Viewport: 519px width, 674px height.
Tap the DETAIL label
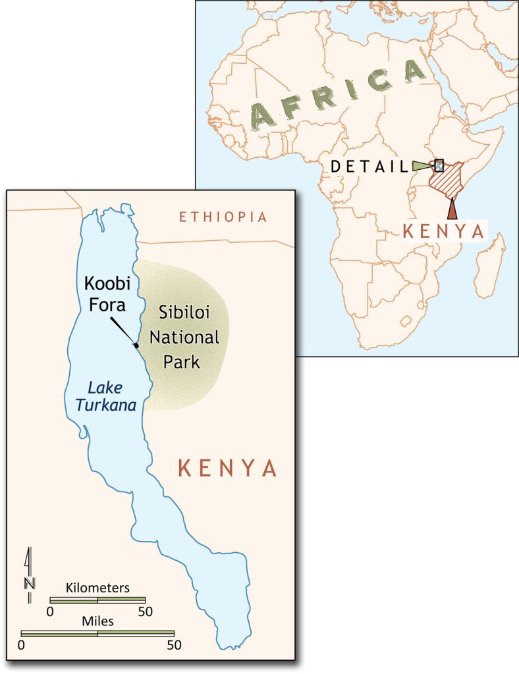click(x=369, y=167)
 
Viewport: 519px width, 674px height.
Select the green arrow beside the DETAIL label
click(x=422, y=166)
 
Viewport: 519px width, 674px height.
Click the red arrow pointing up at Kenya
click(x=452, y=209)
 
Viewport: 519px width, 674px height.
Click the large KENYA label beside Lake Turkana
click(x=227, y=468)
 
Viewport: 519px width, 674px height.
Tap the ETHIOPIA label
click(x=223, y=217)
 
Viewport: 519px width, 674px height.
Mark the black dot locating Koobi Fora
click(x=136, y=346)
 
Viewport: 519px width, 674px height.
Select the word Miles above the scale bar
click(x=97, y=621)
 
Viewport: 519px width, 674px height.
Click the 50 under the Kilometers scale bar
click(x=145, y=611)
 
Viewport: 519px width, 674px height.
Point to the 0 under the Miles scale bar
click(x=22, y=645)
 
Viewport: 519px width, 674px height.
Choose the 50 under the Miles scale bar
click(x=173, y=645)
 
